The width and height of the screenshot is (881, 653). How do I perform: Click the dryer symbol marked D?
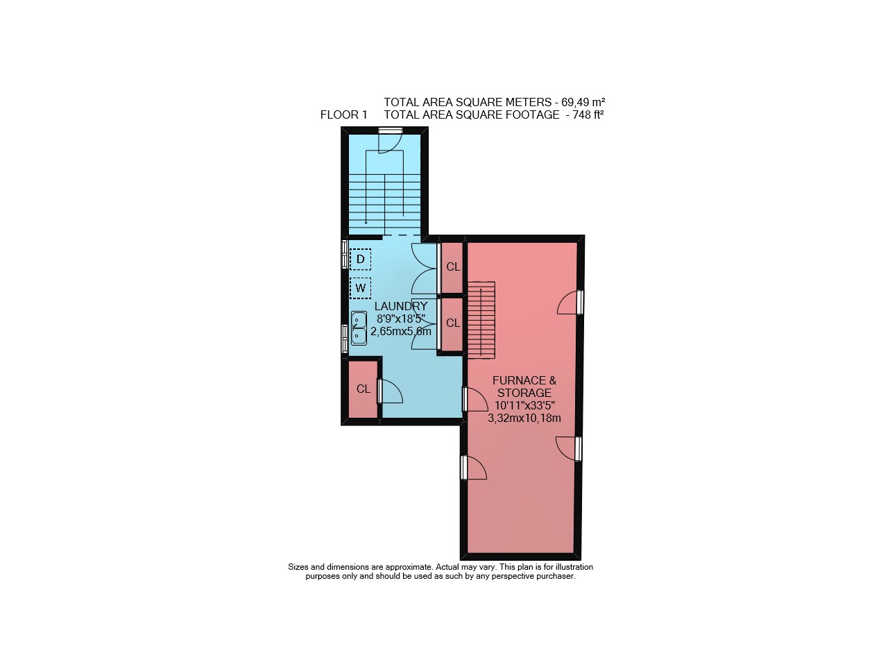[x=360, y=259]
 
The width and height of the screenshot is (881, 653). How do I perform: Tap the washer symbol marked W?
[x=360, y=288]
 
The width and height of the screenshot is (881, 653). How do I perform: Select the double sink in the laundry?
[x=359, y=328]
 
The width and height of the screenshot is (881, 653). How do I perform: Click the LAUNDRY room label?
[x=401, y=306]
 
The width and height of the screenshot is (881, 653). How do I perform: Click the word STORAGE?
[x=524, y=393]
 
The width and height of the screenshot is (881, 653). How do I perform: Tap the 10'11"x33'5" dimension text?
[x=524, y=405]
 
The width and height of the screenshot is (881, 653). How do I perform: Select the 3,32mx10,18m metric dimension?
[x=524, y=418]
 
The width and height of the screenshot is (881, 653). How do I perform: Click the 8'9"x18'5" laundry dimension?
[x=401, y=319]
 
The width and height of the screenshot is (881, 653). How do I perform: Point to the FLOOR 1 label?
[x=343, y=115]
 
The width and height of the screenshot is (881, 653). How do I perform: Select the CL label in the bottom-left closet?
[x=363, y=389]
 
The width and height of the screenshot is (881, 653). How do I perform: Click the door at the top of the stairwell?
[x=391, y=141]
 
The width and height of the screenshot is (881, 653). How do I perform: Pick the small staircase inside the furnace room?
[x=481, y=319]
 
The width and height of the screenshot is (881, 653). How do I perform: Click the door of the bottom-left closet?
[x=390, y=391]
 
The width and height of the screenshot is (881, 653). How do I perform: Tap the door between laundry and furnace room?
[x=474, y=398]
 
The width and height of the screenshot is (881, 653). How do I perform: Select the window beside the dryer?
[x=345, y=253]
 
